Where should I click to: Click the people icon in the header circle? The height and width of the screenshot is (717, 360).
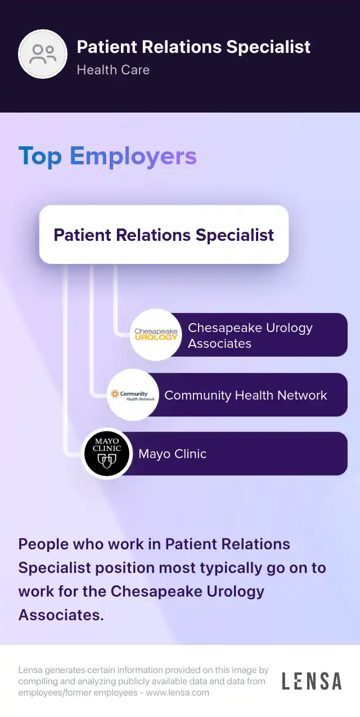tap(43, 54)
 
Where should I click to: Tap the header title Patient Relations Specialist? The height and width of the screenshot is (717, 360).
tap(193, 47)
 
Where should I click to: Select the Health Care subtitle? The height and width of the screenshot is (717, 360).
tap(113, 70)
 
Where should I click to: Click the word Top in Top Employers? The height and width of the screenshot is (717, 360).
tap(40, 156)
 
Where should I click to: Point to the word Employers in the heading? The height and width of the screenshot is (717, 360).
tap(133, 156)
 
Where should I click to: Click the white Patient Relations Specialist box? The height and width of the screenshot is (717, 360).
tap(164, 235)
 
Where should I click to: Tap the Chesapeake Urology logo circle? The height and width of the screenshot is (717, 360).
tap(156, 335)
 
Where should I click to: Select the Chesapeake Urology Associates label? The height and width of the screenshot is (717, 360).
tap(250, 335)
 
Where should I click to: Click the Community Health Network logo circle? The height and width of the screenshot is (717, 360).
tap(133, 395)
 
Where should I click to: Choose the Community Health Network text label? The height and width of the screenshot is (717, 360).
tap(245, 395)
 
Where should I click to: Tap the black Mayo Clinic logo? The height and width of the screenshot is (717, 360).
tap(107, 454)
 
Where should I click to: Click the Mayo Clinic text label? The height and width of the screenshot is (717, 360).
tap(172, 454)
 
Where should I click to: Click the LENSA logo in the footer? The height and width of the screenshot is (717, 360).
tap(311, 681)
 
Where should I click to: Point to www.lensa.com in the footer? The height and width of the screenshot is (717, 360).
tap(177, 693)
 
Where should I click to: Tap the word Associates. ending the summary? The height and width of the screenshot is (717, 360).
tap(61, 615)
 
